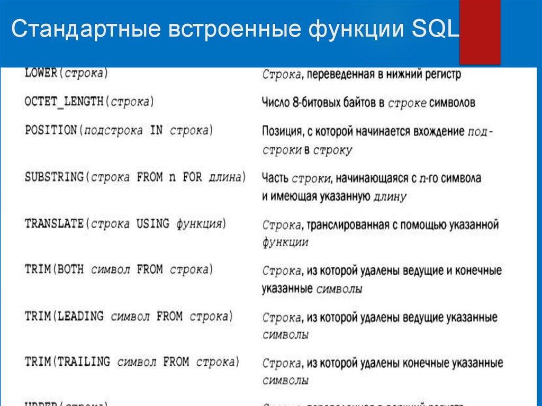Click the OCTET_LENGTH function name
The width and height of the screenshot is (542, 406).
(64, 101)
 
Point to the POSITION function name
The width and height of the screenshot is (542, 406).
(51, 130)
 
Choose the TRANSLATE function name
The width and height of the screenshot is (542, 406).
(53, 223)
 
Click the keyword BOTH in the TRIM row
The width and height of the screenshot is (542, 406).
(72, 269)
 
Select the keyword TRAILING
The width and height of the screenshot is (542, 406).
(84, 362)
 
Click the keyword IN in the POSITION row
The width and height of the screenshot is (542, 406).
(156, 130)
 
